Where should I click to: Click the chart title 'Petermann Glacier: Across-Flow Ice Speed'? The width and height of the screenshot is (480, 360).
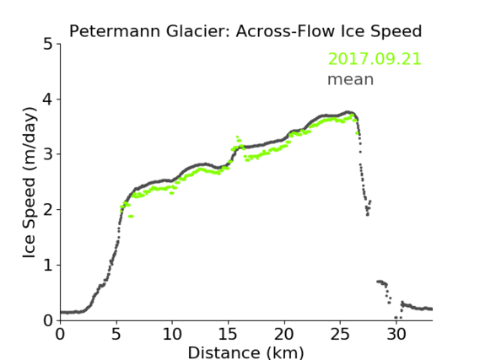coord(245,31)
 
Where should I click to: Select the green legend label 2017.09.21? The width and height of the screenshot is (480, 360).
coord(375,58)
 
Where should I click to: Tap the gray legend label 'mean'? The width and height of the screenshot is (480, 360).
coord(351,79)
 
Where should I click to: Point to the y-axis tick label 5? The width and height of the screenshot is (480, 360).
coord(48,45)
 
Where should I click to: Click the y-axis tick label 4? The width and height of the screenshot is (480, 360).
coord(48,99)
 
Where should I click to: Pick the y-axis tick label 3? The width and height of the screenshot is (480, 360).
coord(48,154)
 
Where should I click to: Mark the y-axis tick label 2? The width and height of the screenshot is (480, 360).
coord(48,210)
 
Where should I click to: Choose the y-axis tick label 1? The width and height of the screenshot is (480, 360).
coord(48,266)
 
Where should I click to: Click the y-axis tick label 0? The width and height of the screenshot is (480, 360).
coord(48,320)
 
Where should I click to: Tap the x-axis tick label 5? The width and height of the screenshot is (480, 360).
coord(116,335)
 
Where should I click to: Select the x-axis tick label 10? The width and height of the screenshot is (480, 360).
coord(172,335)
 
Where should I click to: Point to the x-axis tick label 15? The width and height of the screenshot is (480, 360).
coord(228,335)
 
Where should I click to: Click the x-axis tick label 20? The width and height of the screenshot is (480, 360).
coord(284,335)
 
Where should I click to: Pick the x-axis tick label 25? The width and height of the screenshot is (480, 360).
coord(340,335)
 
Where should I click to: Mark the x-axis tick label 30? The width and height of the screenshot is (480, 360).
coord(396,335)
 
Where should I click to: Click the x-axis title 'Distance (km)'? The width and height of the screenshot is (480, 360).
coord(245,352)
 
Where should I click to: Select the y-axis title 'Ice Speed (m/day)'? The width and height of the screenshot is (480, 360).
coord(30,183)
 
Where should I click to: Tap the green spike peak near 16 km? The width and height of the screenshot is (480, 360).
coord(237,137)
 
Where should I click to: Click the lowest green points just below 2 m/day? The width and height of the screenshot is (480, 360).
coord(131,216)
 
